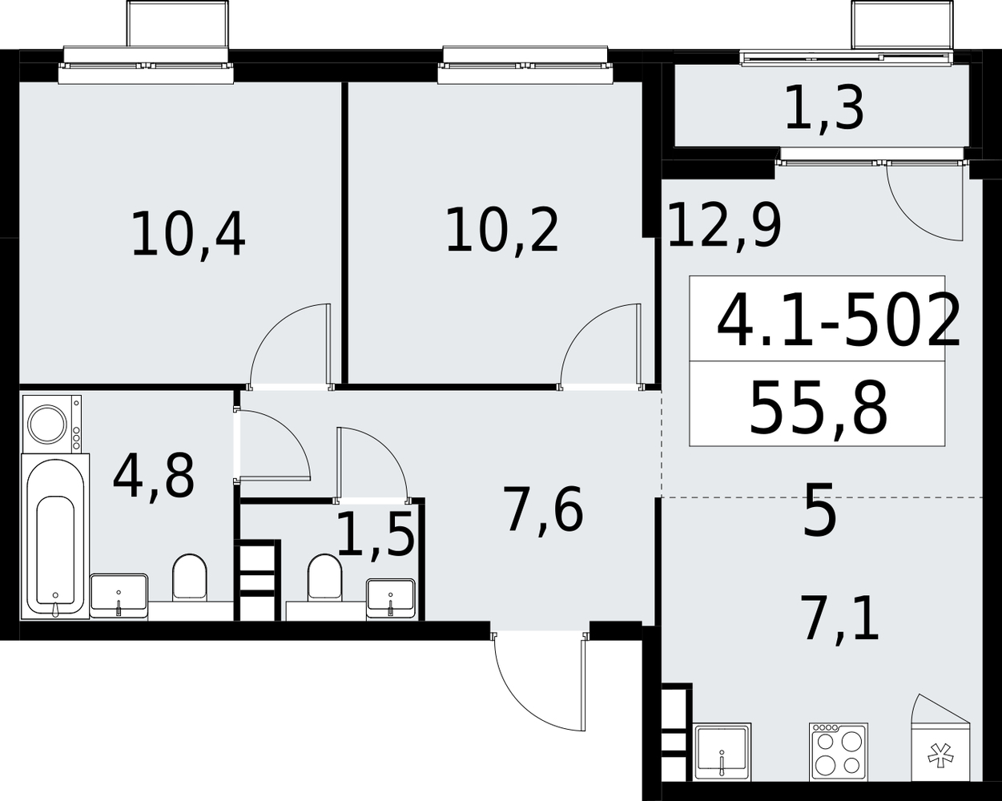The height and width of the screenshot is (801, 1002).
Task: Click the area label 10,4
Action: point(188,234)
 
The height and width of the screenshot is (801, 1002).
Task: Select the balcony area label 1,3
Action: point(825,111)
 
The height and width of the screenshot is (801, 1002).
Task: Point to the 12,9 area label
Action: point(725,225)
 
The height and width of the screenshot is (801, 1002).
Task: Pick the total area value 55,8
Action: point(818,408)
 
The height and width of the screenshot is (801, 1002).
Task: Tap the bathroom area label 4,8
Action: point(153,475)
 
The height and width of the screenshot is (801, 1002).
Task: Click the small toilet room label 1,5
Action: point(376,533)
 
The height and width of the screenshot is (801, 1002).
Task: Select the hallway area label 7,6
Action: point(545,509)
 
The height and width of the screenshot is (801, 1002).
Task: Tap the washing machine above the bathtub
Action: point(52,423)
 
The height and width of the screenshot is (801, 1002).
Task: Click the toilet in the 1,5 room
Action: point(324,578)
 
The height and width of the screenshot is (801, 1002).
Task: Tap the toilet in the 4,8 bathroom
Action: point(190,578)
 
